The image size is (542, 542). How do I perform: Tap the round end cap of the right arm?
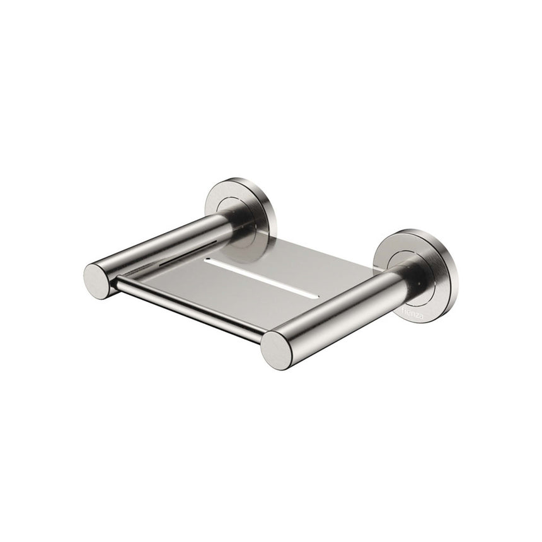click(x=276, y=349)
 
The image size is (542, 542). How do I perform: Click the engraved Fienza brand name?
click(x=413, y=310)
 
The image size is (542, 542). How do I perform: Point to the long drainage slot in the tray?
click(x=258, y=277)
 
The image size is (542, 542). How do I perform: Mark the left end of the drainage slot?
click(x=207, y=259)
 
